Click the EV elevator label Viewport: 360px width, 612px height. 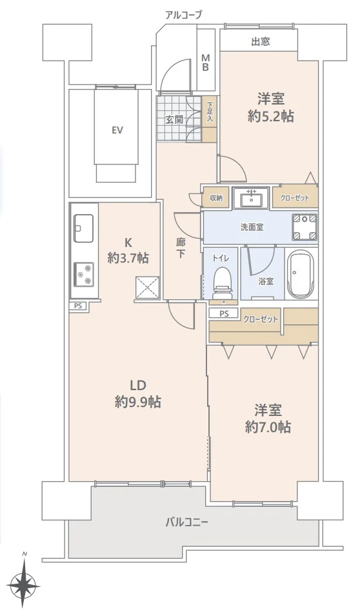[x=117, y=130]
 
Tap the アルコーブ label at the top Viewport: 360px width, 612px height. [x=183, y=14]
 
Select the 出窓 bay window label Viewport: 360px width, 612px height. [x=260, y=42]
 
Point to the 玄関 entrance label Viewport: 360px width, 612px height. [x=174, y=119]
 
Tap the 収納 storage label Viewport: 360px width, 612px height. [x=216, y=198]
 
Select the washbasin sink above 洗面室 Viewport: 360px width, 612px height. [x=252, y=198]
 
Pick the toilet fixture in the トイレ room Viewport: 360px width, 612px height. [x=221, y=282]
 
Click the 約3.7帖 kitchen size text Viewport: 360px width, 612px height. [x=128, y=258]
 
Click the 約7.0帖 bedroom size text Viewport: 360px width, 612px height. [x=268, y=426]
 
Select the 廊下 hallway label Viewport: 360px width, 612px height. [x=182, y=248]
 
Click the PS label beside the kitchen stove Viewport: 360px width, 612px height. [x=78, y=306]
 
